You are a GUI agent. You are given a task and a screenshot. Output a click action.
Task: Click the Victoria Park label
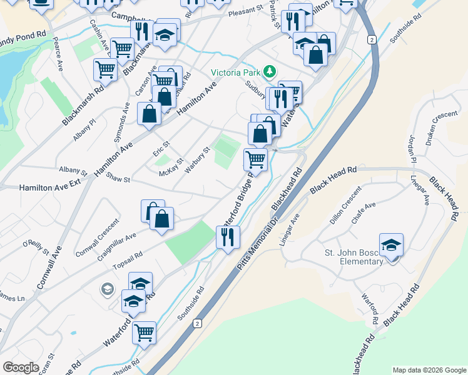[235, 72]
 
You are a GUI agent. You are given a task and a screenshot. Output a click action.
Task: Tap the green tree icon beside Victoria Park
[270, 71]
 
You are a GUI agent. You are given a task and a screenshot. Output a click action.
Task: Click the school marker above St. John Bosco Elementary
[391, 246]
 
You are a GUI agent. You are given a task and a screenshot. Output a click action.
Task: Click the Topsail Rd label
[127, 259]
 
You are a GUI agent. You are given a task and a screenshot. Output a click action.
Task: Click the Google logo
[21, 367]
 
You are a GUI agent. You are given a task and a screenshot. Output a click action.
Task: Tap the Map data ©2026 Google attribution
[429, 370]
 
